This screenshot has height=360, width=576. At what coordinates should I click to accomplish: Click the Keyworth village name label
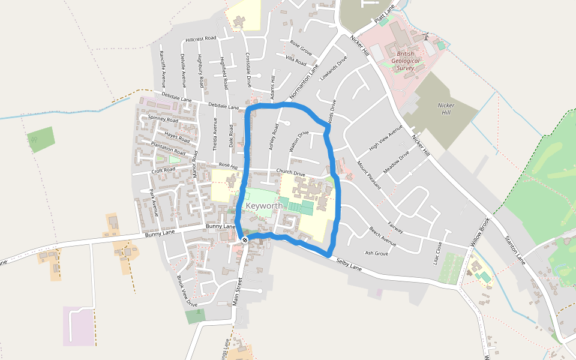264,206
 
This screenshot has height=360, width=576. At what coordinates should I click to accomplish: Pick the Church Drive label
290,173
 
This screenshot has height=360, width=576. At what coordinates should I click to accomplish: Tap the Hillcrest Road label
200,38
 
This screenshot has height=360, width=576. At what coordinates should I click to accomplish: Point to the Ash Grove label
376,253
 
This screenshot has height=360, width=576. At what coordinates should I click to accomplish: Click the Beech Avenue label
383,237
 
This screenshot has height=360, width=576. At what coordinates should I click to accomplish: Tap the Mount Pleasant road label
368,175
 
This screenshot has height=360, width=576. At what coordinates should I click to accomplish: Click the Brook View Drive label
187,291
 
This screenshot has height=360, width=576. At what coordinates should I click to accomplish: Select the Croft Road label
163,170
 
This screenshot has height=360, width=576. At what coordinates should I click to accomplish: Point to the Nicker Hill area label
445,109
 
